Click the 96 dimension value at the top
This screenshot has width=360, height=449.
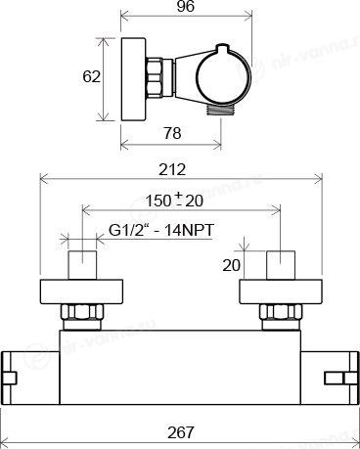(x=186, y=6)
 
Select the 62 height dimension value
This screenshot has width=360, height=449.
(x=91, y=77)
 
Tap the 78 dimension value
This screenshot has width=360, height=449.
(x=172, y=133)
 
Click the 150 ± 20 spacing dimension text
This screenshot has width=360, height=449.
(x=174, y=201)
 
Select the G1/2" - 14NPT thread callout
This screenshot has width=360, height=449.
(x=161, y=230)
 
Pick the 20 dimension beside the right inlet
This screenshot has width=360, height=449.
(x=231, y=265)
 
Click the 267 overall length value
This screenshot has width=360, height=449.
(x=181, y=432)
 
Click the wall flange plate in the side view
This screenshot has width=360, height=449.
(x=133, y=79)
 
